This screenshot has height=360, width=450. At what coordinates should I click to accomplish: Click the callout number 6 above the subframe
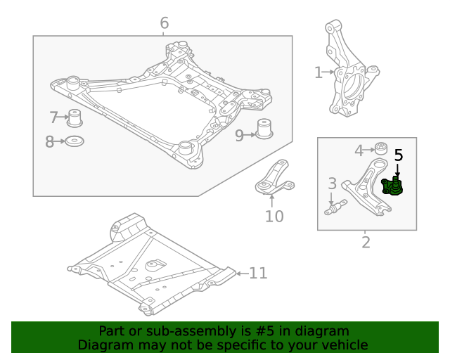click(x=164, y=23)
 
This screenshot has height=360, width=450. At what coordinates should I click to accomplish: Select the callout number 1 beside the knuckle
click(x=318, y=72)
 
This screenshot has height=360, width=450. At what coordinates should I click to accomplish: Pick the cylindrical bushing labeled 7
click(x=75, y=117)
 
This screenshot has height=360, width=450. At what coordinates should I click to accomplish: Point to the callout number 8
click(x=50, y=142)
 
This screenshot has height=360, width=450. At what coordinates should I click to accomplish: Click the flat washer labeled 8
click(x=75, y=142)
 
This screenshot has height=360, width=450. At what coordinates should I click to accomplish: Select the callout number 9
click(x=239, y=135)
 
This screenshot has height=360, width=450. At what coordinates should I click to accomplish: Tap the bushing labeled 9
click(x=264, y=130)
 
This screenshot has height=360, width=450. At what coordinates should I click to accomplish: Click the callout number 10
click(x=274, y=216)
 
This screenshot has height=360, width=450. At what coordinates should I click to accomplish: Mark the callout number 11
click(x=258, y=273)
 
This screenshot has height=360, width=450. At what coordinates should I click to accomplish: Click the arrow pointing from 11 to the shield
click(x=240, y=273)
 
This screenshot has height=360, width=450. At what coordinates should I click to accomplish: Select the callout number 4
click(x=359, y=150)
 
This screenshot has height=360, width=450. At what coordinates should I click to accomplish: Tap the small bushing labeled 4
click(x=380, y=148)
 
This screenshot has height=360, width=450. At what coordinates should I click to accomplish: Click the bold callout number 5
click(x=398, y=155)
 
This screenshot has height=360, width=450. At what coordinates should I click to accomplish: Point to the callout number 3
click(x=332, y=184)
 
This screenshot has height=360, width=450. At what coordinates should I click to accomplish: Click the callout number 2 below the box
click(x=366, y=243)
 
